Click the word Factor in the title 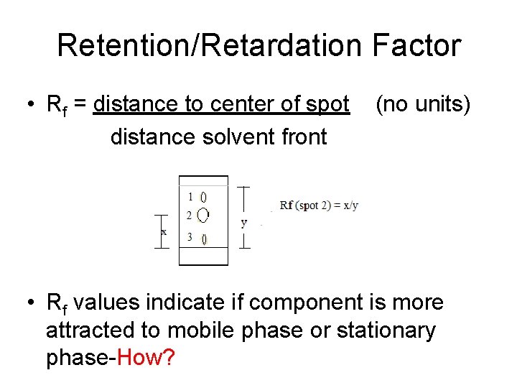tap(417, 46)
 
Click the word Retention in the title tap(118, 46)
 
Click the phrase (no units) tap(423, 105)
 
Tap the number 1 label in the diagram tap(190, 196)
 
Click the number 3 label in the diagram tap(190, 236)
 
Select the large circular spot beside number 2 tap(203, 215)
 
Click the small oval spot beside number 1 tap(203, 196)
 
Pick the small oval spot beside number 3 tap(204, 239)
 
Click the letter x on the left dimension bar tap(164, 232)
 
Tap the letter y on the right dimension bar tap(244, 223)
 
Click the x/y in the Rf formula tap(350, 205)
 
